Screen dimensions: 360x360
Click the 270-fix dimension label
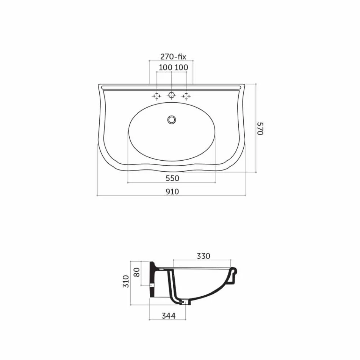point(173,57)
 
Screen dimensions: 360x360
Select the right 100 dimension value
point(181,67)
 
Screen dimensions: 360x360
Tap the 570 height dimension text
point(260,128)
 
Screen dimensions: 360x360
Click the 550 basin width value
point(172,178)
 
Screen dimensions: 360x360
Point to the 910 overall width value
point(172,191)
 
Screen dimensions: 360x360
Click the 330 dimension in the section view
point(203,256)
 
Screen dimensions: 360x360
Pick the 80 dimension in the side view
point(137,272)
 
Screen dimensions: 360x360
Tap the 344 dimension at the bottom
point(168,315)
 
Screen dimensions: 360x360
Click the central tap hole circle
point(172,95)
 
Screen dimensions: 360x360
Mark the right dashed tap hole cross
point(186,96)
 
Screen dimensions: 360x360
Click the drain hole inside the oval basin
point(172,120)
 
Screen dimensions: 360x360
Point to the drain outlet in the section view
point(185,302)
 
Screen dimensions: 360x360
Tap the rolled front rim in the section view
point(233,273)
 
